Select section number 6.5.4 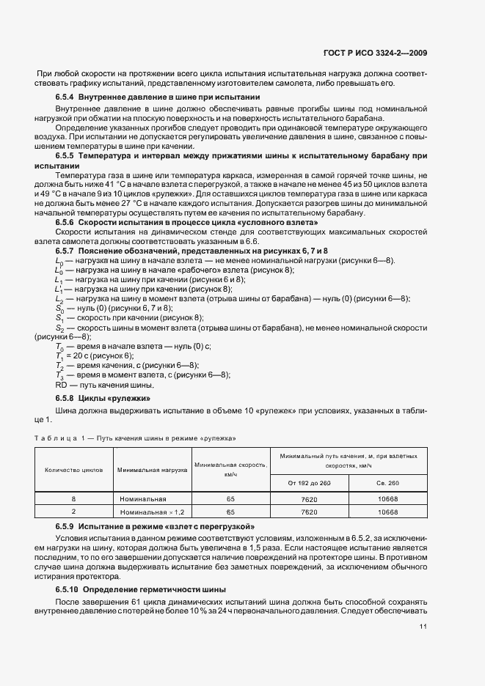point(66,97)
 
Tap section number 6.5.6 point(66,221)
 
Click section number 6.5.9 point(66,527)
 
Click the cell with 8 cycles point(73,498)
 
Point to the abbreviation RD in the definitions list point(62,384)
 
